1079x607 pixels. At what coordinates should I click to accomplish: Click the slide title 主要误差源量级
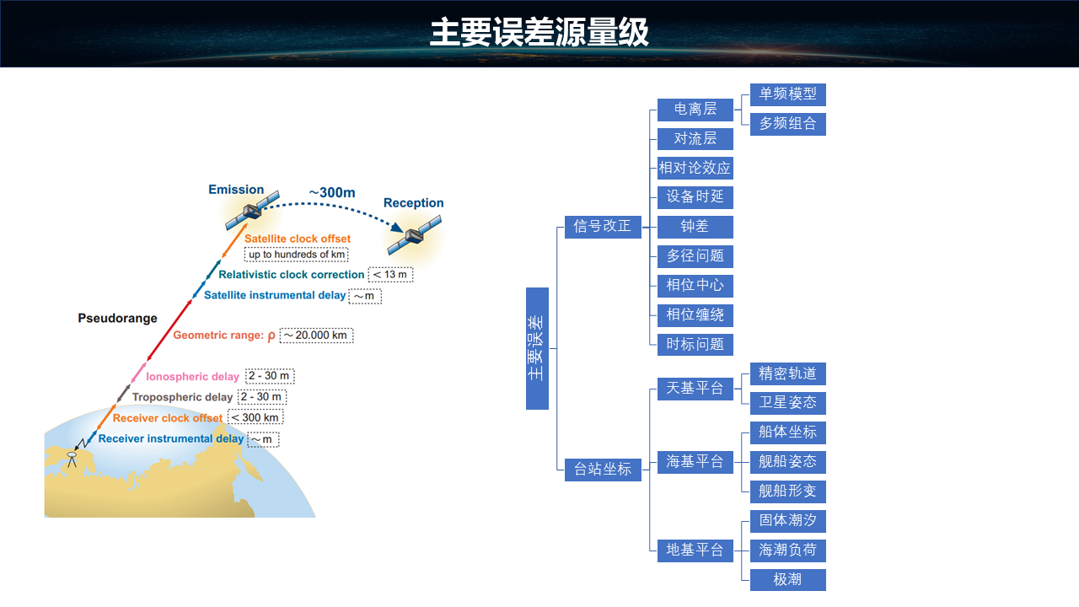click(x=539, y=33)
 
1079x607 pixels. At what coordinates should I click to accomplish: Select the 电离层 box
click(x=695, y=110)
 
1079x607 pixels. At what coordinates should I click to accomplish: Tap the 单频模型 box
click(x=787, y=94)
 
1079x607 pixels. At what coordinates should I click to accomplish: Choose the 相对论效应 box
click(x=695, y=168)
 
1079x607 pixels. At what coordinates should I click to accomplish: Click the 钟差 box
click(x=695, y=227)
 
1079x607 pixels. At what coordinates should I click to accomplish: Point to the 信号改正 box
click(x=603, y=227)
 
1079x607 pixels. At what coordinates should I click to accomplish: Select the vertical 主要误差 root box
click(x=537, y=348)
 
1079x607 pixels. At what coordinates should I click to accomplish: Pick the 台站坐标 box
click(x=603, y=470)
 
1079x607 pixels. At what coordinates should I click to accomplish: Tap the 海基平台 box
click(x=695, y=462)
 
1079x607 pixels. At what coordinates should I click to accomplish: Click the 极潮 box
click(x=787, y=580)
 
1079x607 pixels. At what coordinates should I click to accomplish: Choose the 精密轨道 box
click(x=787, y=373)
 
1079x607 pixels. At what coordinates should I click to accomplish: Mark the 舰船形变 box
click(x=787, y=492)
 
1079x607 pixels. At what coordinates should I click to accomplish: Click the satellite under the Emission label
click(x=252, y=211)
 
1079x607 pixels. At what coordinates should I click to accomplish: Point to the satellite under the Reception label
click(x=414, y=235)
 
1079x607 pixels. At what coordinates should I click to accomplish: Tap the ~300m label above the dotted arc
click(x=331, y=192)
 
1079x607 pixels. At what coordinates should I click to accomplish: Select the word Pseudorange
click(x=118, y=319)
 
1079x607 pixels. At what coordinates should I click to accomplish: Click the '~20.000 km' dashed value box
click(x=316, y=336)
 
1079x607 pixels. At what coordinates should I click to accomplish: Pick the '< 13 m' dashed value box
click(x=391, y=275)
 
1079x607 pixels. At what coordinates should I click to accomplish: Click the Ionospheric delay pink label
click(x=192, y=377)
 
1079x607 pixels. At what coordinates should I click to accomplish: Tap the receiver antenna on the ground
click(x=72, y=459)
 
